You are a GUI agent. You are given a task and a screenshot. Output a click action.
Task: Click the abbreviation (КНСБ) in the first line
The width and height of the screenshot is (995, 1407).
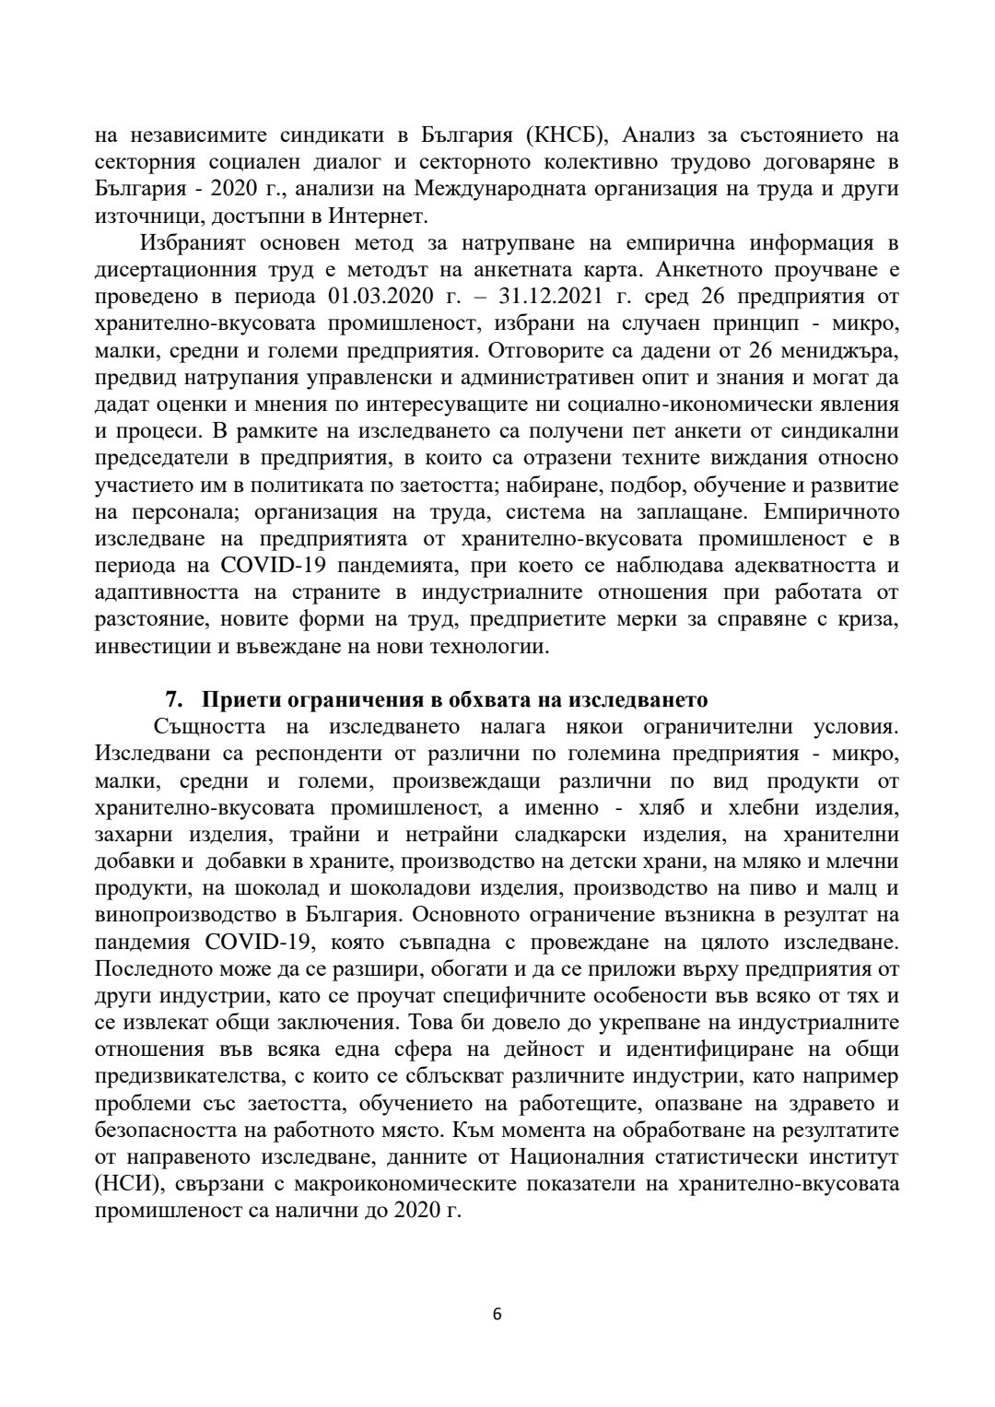tap(566, 135)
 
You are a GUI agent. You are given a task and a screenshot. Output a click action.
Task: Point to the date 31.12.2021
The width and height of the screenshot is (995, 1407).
tap(540, 297)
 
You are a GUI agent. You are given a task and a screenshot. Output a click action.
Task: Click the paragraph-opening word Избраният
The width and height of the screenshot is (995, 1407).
tap(191, 243)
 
